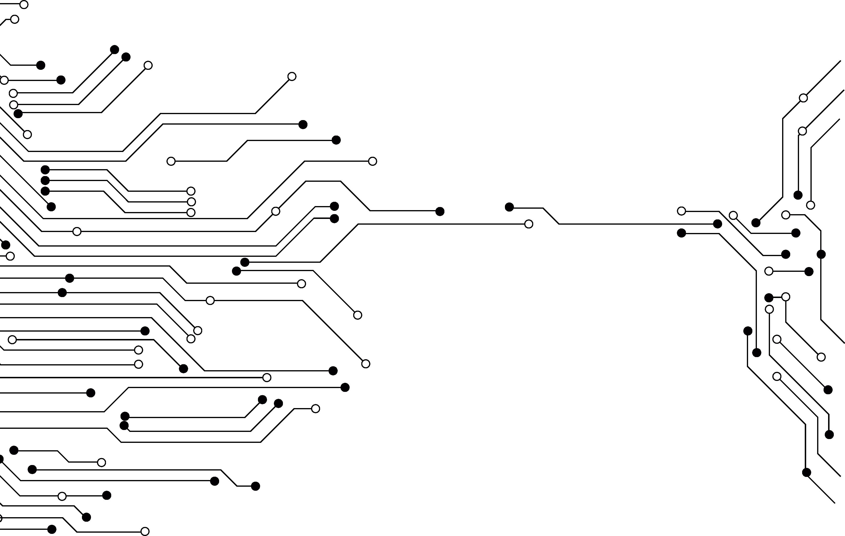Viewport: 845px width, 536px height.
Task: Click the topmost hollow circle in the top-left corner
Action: [x=24, y=5]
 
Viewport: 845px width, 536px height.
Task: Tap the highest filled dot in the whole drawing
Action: [x=114, y=50]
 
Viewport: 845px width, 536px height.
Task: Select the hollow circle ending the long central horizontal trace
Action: [x=528, y=224]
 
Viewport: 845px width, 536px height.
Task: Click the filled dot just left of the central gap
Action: [x=440, y=211]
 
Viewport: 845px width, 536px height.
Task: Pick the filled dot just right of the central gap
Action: [x=509, y=207]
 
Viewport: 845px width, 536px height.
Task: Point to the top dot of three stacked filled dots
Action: [x=45, y=170]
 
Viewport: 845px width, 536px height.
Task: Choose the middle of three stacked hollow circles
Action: [x=191, y=202]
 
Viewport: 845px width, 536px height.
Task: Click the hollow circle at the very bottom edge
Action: [x=145, y=531]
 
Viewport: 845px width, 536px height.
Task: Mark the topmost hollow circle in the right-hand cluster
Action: [x=803, y=98]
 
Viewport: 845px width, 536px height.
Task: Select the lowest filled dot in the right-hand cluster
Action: [x=806, y=472]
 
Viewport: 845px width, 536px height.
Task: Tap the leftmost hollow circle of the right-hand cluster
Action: [x=681, y=211]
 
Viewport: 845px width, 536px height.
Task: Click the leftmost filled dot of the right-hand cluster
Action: [x=681, y=233]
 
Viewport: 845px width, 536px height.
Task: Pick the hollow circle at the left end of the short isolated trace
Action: [x=171, y=161]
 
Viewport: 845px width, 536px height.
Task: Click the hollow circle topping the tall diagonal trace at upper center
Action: [x=292, y=76]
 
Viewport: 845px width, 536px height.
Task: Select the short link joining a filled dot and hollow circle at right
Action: [x=777, y=297]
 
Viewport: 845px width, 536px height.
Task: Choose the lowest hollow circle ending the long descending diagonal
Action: [x=366, y=364]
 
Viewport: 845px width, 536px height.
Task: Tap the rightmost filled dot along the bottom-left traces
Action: [x=256, y=486]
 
